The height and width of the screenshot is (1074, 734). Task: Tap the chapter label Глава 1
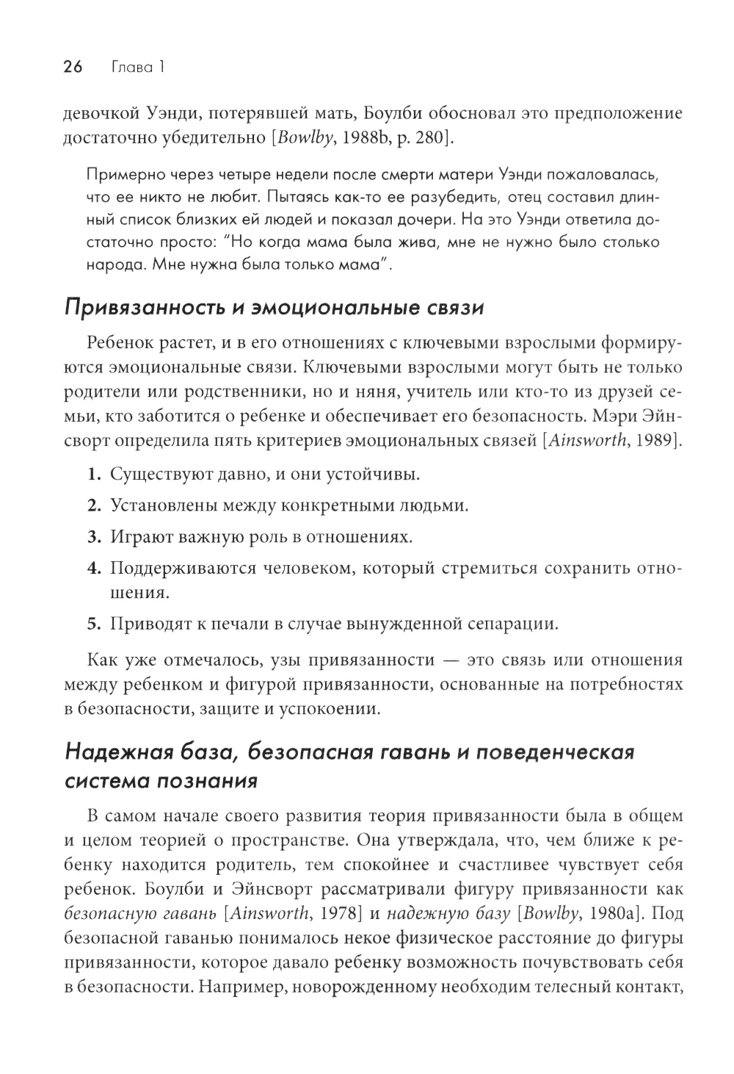137,68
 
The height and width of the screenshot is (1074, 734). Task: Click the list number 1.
92,474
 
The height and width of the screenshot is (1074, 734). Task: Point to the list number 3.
92,537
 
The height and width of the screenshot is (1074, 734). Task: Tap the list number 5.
92,624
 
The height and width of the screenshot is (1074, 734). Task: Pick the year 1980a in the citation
614,914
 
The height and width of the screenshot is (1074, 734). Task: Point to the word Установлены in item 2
158,505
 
